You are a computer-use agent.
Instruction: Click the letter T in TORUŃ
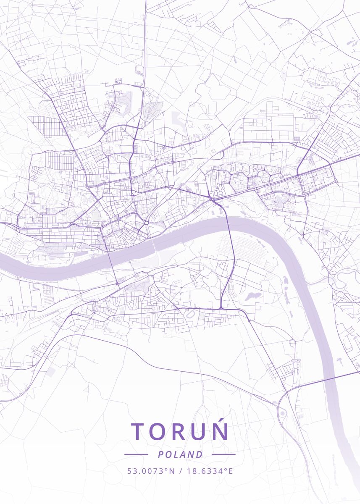pyautogui.click(x=138, y=431)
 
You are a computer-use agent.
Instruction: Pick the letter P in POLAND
pyautogui.click(x=161, y=454)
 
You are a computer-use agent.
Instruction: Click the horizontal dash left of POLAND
pyautogui.click(x=136, y=454)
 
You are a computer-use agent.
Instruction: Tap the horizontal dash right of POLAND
pyautogui.click(x=223, y=454)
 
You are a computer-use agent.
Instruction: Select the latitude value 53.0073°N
pyautogui.click(x=151, y=471)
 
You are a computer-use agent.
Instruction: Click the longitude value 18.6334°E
pyautogui.click(x=209, y=471)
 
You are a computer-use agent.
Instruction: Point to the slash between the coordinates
pyautogui.click(x=181, y=471)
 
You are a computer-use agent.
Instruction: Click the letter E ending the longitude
pyautogui.click(x=230, y=471)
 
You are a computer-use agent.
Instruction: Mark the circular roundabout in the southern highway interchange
pyautogui.click(x=282, y=413)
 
